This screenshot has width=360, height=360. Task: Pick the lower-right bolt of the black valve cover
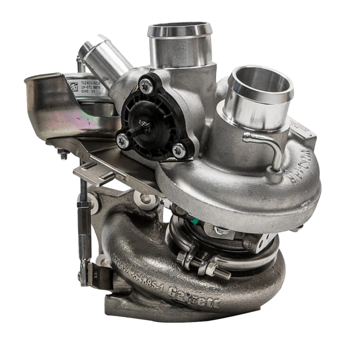click(177, 150)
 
